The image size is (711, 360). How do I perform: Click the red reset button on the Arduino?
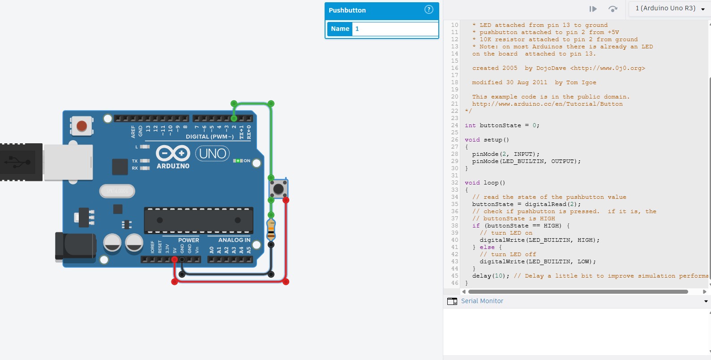click(81, 126)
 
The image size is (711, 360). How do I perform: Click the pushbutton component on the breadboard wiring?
click(278, 189)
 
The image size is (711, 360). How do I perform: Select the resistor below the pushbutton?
click(271, 229)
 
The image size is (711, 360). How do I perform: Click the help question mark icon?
click(428, 10)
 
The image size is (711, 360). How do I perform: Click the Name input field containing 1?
click(395, 29)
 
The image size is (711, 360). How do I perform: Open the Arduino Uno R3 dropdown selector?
click(669, 9)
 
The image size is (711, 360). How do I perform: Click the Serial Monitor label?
click(482, 301)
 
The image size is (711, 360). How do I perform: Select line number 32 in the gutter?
click(454, 183)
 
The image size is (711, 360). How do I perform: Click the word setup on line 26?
click(493, 140)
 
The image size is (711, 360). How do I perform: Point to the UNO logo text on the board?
click(213, 154)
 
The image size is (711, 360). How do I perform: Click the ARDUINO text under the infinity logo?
click(173, 166)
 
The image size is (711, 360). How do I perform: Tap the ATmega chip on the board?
click(198, 220)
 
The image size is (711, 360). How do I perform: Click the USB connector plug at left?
click(21, 162)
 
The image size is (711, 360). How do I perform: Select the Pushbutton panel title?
click(347, 10)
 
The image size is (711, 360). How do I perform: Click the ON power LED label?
click(247, 161)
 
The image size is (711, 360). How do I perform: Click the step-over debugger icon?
click(613, 9)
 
